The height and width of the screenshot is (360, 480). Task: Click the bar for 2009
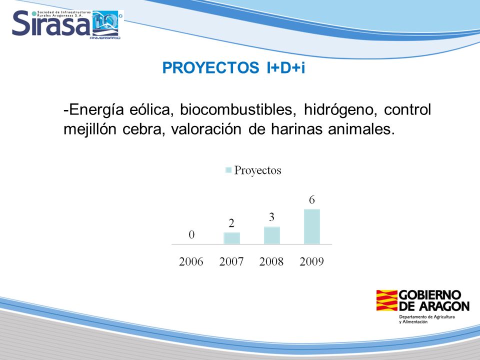tap(311, 226)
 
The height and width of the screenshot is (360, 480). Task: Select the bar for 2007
tap(231, 238)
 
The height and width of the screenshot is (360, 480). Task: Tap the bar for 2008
tap(272, 235)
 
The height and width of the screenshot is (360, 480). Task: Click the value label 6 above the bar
tap(311, 200)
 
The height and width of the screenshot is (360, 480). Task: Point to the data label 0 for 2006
tap(191, 235)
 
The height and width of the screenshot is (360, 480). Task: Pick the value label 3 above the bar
tap(271, 217)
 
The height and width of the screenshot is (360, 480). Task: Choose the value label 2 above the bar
tap(231, 223)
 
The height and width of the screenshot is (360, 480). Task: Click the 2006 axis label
tap(191, 261)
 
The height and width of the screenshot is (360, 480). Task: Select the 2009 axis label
tap(311, 261)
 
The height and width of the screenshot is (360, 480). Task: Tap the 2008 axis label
tap(271, 261)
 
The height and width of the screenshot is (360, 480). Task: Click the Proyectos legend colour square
tap(228, 170)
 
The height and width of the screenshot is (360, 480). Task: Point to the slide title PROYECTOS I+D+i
tap(233, 67)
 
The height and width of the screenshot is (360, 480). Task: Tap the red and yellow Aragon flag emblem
tap(386, 300)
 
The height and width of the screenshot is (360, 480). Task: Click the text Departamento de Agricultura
tap(426, 317)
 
